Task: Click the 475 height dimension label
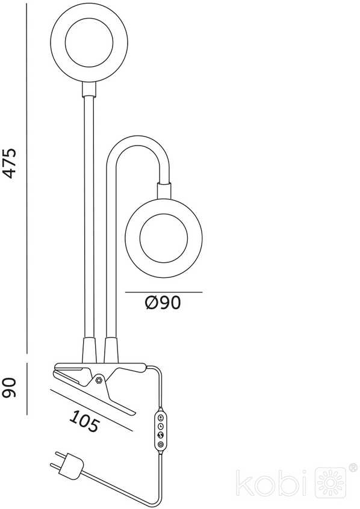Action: [9, 163]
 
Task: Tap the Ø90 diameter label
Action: [163, 303]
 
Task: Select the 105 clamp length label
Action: [84, 421]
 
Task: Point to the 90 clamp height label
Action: [9, 387]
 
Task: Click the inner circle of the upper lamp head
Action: [89, 43]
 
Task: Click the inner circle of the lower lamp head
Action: [164, 238]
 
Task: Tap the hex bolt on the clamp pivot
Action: [99, 379]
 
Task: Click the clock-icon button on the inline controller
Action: [161, 426]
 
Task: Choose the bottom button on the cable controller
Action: [161, 445]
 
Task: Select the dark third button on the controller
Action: [161, 436]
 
